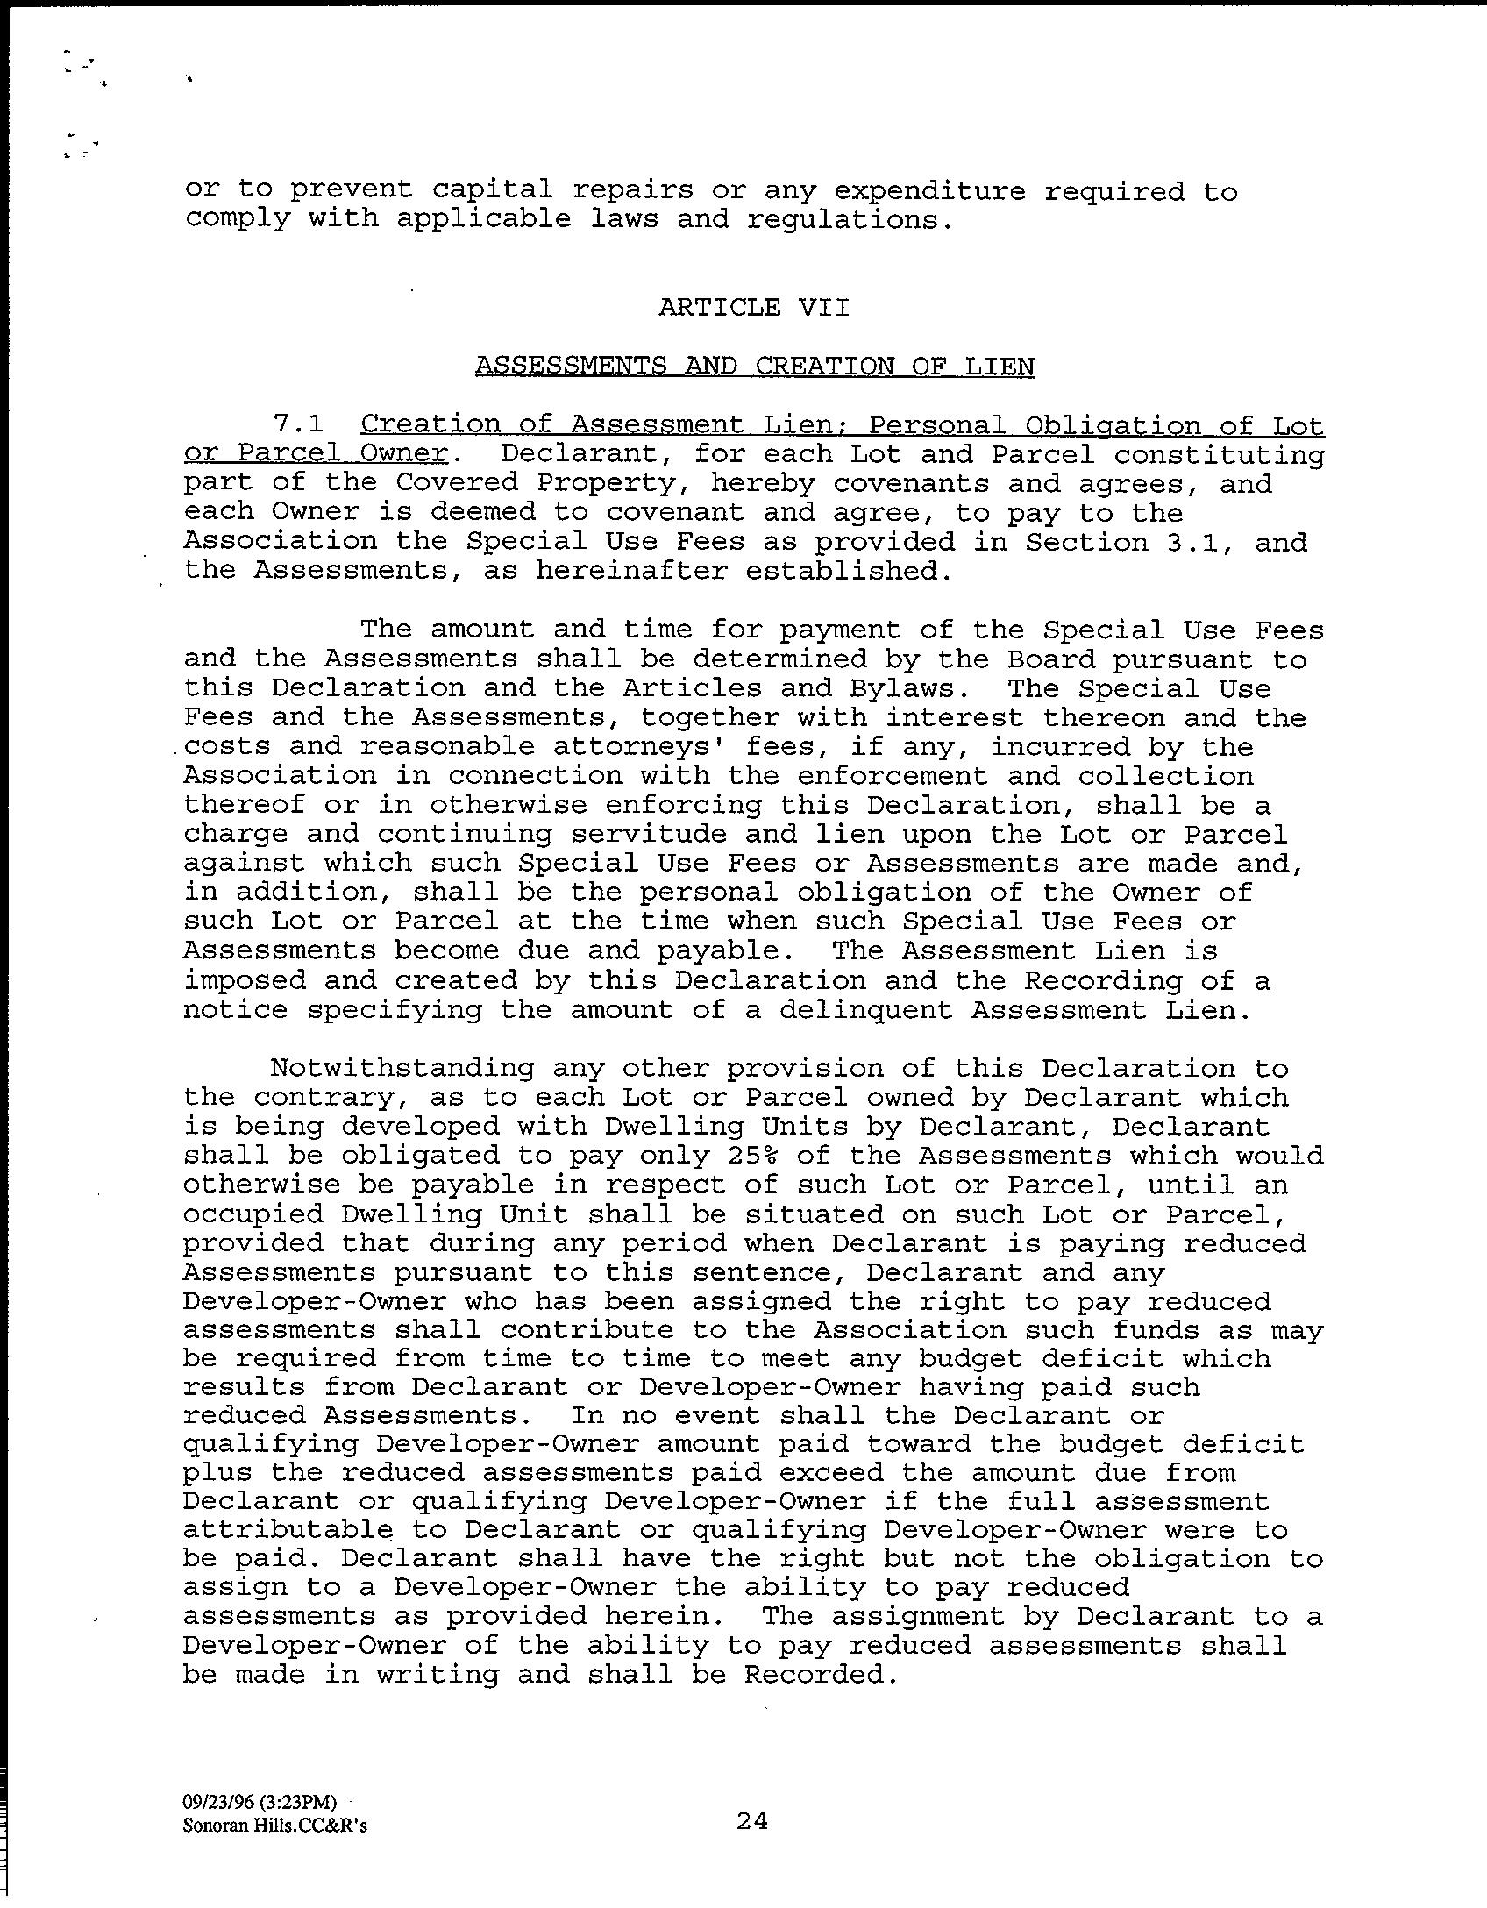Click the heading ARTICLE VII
(x=754, y=307)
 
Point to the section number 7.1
(x=298, y=424)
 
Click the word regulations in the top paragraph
(x=849, y=219)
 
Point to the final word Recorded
(x=822, y=1675)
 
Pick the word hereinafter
(x=631, y=571)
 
